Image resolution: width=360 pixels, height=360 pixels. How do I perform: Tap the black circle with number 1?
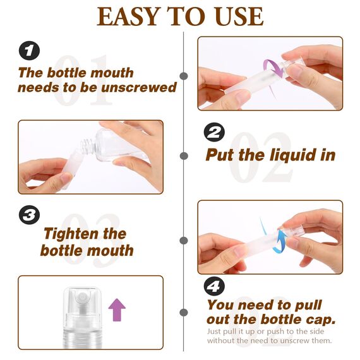28,51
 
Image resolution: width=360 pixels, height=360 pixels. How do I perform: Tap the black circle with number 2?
215,133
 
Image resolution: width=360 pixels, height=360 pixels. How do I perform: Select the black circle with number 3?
28,215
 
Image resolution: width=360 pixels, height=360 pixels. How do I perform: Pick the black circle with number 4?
215,286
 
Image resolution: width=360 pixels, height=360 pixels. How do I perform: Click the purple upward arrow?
117,310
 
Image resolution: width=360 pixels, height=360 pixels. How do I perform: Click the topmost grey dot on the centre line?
184,76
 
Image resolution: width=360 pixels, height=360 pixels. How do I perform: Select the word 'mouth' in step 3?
109,250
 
